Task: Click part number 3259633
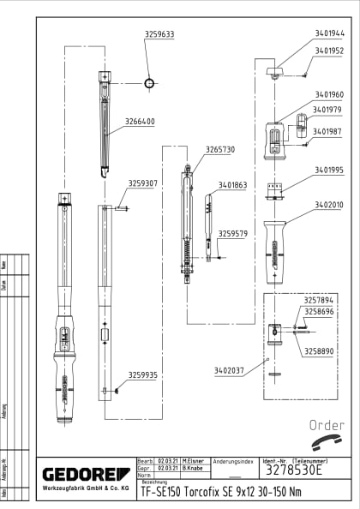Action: (x=159, y=34)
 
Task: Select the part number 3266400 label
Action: (x=140, y=122)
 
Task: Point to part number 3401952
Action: (x=329, y=51)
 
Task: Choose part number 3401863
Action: (x=232, y=184)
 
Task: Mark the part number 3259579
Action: (x=232, y=233)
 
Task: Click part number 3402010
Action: (x=329, y=205)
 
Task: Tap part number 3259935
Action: (x=143, y=374)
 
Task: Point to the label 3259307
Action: (x=143, y=183)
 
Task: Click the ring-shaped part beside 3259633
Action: (x=150, y=83)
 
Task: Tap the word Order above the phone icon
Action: (x=327, y=426)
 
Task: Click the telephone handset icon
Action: (x=327, y=443)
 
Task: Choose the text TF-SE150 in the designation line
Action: (x=160, y=492)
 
